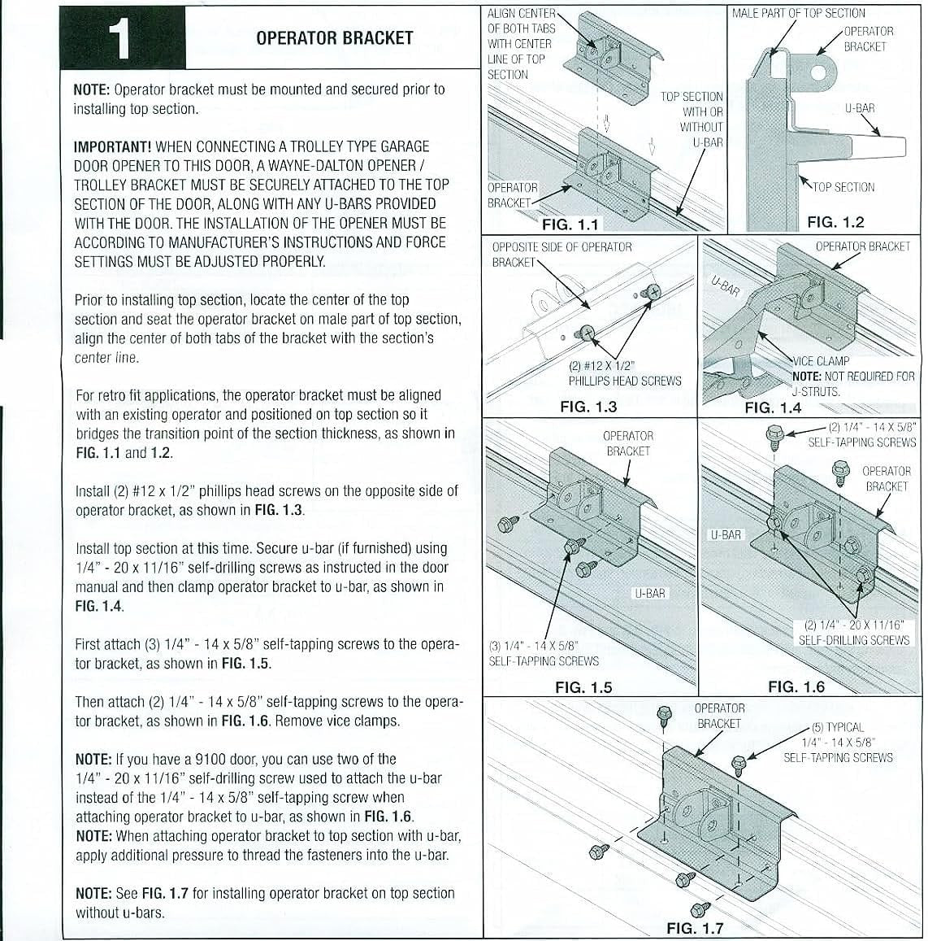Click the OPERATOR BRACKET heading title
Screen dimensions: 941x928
[334, 38]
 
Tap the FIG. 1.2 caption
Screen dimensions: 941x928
[835, 222]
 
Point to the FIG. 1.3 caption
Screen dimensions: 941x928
[588, 407]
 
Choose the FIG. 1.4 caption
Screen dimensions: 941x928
[773, 407]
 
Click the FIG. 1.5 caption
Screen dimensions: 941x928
[583, 687]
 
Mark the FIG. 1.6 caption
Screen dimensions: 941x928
[796, 687]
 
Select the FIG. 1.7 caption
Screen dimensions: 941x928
[694, 928]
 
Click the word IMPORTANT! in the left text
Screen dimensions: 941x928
[113, 147]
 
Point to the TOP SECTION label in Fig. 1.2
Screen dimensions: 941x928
[843, 187]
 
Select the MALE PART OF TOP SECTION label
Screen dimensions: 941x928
[798, 13]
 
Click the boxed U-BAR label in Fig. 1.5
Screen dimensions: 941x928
[651, 593]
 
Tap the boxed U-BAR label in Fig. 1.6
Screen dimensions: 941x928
[726, 534]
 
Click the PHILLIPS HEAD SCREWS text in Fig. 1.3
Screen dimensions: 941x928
[624, 381]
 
